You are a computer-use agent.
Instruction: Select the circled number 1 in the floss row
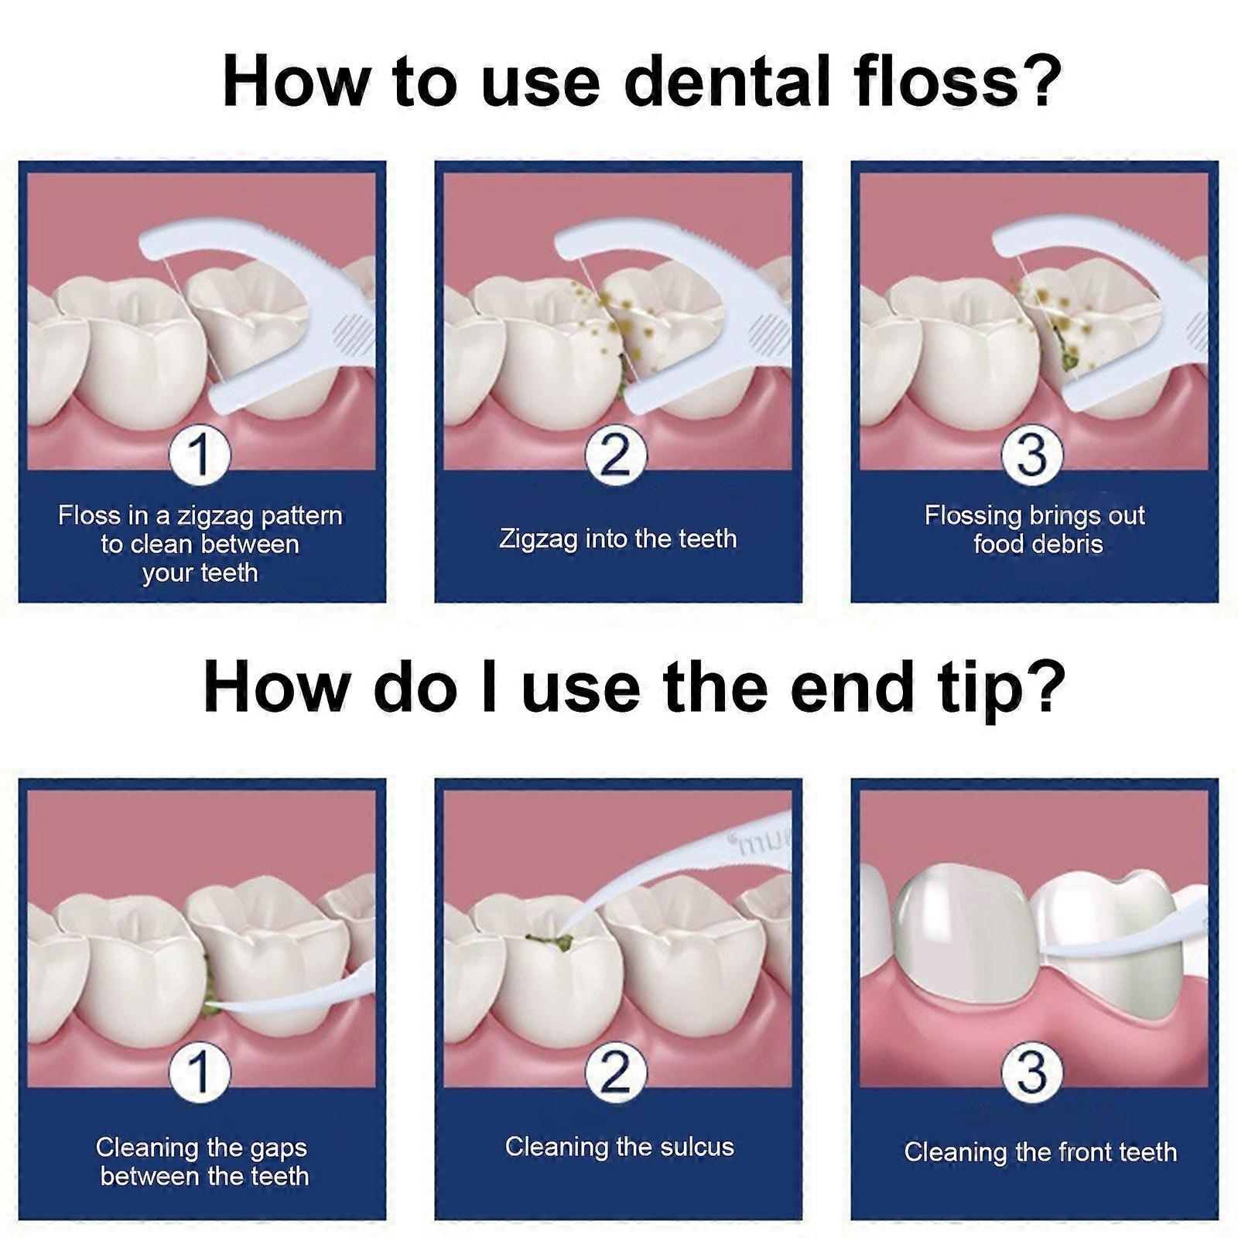click(x=200, y=455)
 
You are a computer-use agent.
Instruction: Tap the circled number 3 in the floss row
click(x=1031, y=455)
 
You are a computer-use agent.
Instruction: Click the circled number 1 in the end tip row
click(x=200, y=1072)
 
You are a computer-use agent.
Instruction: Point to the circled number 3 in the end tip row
click(x=1031, y=1072)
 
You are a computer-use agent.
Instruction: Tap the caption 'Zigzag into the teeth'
click(x=617, y=539)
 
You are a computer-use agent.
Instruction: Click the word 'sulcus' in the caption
click(x=696, y=1146)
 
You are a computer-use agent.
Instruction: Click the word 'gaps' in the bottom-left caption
click(x=277, y=1148)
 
